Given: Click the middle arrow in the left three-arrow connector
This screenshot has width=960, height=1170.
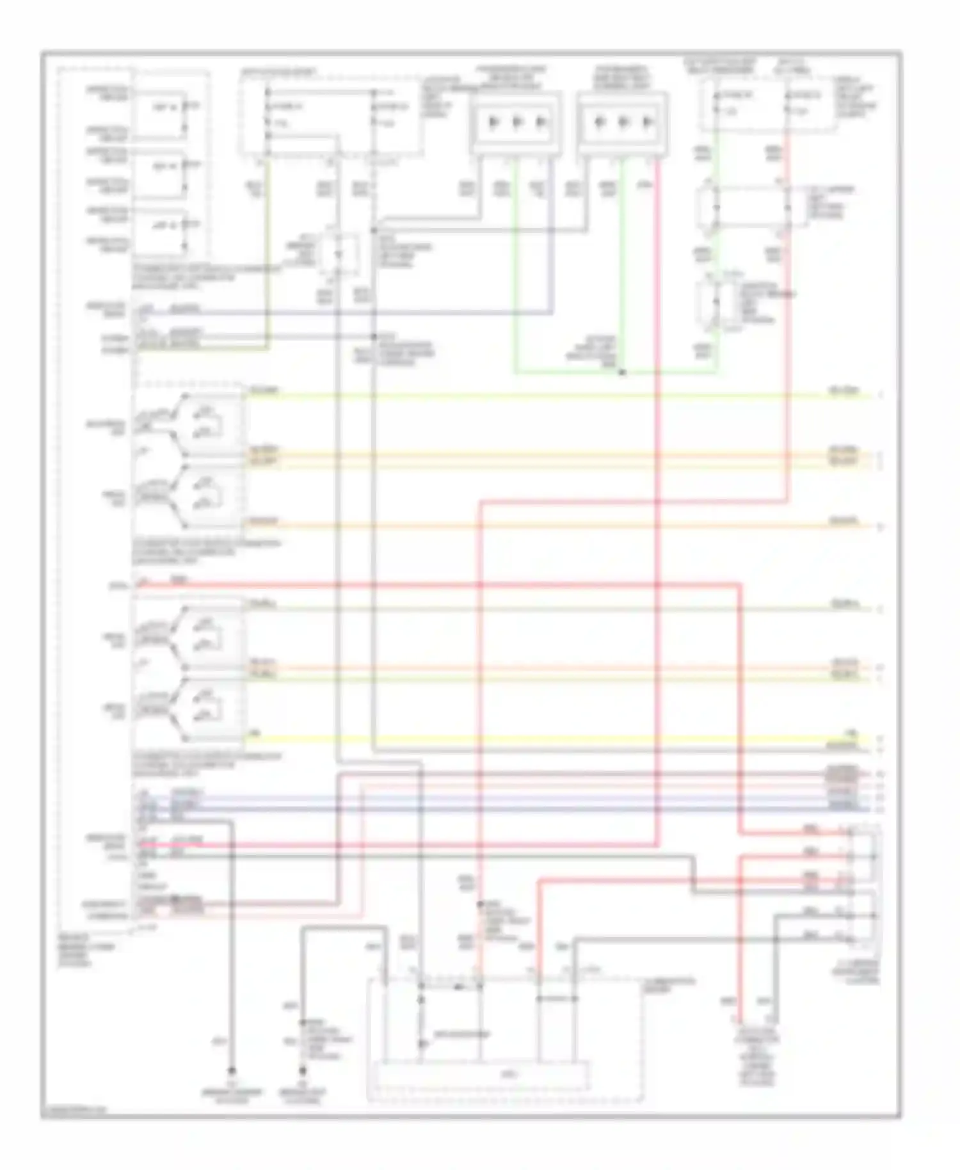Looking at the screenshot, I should pos(517,122).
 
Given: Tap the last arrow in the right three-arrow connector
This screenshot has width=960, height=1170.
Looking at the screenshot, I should pos(648,122).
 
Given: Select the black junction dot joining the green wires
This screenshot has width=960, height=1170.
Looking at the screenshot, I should pos(622,372).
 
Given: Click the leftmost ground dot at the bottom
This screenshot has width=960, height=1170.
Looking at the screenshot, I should pos(232,1070).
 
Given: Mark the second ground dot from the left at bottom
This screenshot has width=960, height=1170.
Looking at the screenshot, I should pos(303,1070).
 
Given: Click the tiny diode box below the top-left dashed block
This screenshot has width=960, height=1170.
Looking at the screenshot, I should pos(338,255).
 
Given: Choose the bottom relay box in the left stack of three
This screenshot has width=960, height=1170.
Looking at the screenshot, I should pos(160,232).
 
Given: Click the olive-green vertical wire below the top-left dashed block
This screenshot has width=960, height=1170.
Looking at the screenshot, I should pos(268,256).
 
